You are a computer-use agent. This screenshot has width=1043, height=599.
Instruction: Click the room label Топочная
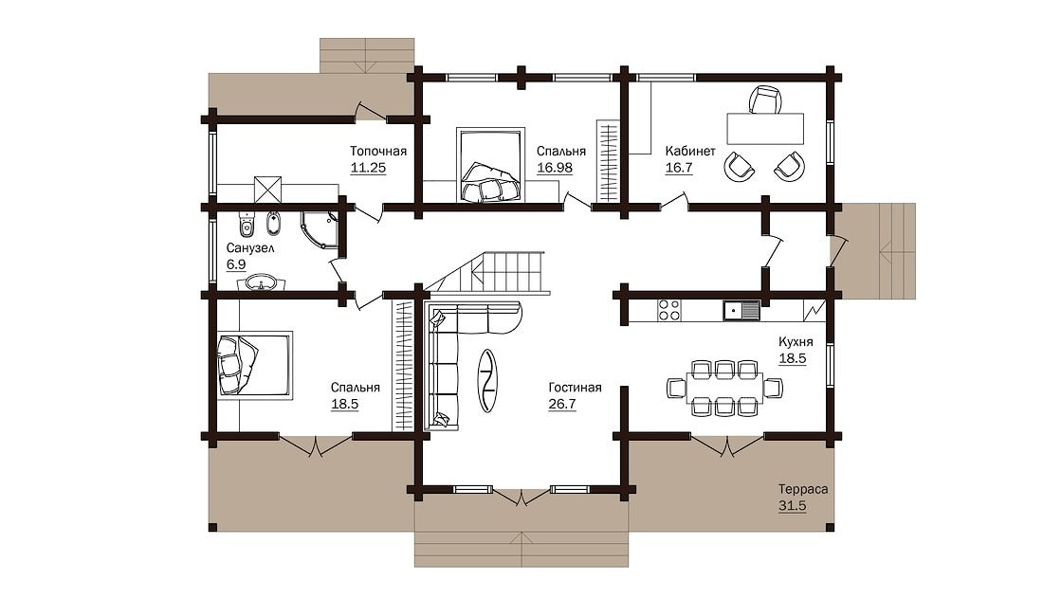(377, 151)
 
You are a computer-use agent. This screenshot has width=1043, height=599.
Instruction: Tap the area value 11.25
(368, 168)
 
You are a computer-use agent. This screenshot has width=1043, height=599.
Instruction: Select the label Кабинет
(690, 151)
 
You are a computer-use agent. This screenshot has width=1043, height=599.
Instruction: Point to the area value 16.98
(554, 168)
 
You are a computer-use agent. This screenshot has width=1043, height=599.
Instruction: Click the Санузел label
(250, 248)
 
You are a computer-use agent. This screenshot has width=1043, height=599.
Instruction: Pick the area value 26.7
(562, 404)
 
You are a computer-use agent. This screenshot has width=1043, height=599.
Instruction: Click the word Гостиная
(575, 388)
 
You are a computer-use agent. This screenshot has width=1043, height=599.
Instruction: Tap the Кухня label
(796, 342)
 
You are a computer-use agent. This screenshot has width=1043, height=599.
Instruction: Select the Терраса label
(803, 489)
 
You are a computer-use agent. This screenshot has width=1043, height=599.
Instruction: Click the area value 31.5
(793, 506)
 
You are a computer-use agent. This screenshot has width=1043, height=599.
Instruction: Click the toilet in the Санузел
(247, 224)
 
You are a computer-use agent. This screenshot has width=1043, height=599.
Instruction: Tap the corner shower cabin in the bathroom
(320, 230)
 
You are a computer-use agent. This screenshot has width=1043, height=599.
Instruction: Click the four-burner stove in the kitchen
(669, 311)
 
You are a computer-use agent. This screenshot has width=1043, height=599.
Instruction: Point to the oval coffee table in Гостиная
(487, 380)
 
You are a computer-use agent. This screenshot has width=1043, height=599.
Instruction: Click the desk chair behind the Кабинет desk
(765, 100)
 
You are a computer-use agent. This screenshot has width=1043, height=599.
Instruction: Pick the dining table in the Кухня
(724, 388)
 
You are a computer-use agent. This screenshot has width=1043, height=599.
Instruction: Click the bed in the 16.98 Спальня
(489, 165)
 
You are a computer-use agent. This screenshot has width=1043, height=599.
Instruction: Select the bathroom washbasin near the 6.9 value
(262, 283)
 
